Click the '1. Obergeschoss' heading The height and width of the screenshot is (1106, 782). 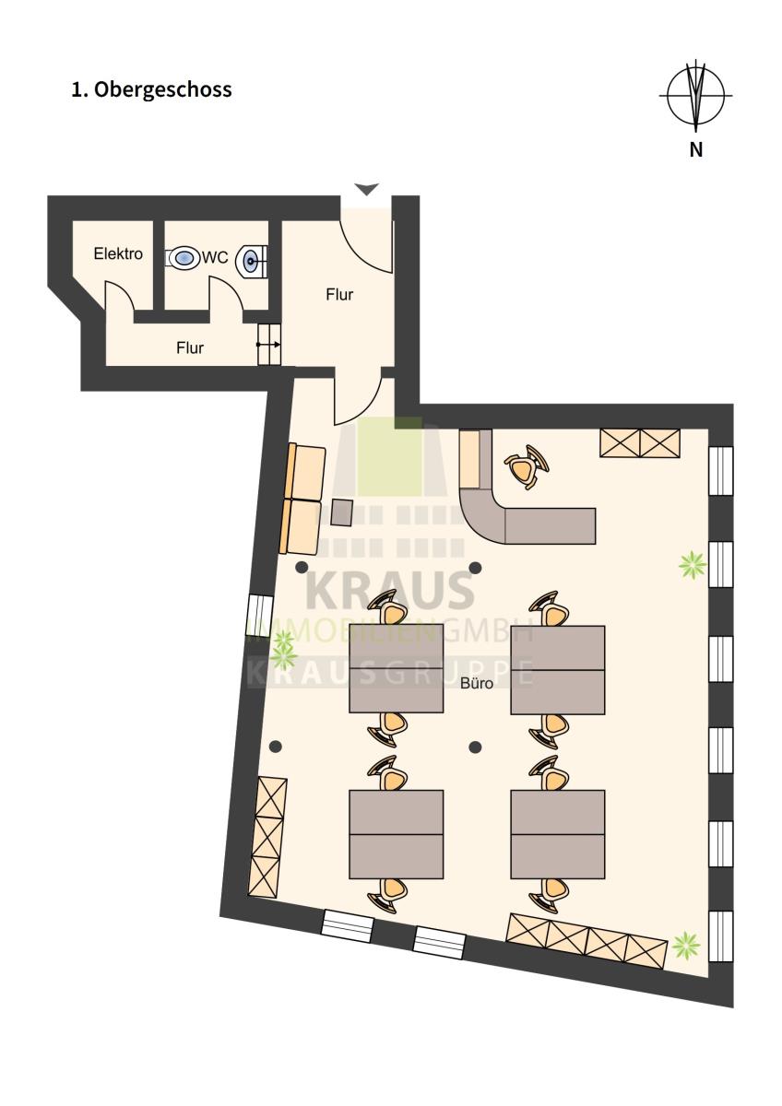(x=151, y=90)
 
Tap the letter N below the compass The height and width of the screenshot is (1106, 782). (x=695, y=149)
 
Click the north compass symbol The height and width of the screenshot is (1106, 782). (x=695, y=95)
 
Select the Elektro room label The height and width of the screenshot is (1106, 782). (x=118, y=253)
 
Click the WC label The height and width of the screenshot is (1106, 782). (x=215, y=257)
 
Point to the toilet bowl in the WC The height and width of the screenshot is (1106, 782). (x=183, y=257)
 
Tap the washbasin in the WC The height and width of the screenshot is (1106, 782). (x=252, y=260)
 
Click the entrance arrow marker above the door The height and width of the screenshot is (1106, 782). (x=366, y=189)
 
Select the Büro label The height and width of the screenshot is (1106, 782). (x=477, y=683)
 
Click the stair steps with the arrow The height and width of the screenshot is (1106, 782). (x=269, y=344)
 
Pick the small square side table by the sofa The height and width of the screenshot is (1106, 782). (x=341, y=512)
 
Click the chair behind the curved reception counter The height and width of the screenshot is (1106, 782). (x=527, y=466)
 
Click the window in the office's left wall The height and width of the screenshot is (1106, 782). (x=259, y=616)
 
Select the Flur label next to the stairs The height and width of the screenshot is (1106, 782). (x=190, y=348)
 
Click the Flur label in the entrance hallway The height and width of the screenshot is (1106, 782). (x=339, y=295)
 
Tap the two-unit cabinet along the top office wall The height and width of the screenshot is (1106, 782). (x=640, y=443)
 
